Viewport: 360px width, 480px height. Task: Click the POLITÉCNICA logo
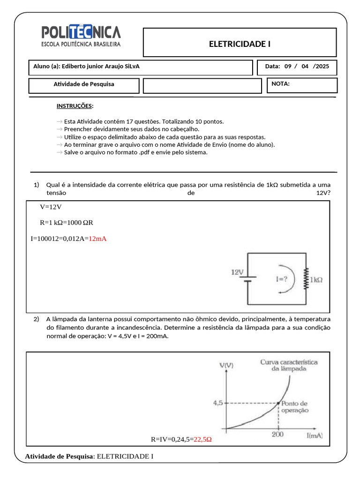pos(81,37)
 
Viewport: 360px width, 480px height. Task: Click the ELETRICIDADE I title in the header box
pos(240,44)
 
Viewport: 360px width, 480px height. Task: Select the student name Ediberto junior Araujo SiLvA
pos(100,67)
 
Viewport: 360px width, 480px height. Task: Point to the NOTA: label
pos(280,84)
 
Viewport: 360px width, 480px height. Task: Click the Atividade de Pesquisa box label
pos(84,84)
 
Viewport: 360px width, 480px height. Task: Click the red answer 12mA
pos(97,239)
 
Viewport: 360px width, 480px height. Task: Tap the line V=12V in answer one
pos(51,207)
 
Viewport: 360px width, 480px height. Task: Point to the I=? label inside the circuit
pos(282,279)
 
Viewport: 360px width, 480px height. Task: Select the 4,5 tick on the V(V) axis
pos(218,403)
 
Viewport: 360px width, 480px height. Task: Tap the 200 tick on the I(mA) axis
pos(278,435)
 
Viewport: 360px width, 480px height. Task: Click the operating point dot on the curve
pos(279,403)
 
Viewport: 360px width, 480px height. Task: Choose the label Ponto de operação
pos(295,406)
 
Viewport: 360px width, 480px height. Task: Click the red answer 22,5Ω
pos(203,440)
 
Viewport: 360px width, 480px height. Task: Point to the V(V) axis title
pos(226,365)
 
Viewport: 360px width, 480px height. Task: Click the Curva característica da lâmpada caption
pos(289,365)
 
